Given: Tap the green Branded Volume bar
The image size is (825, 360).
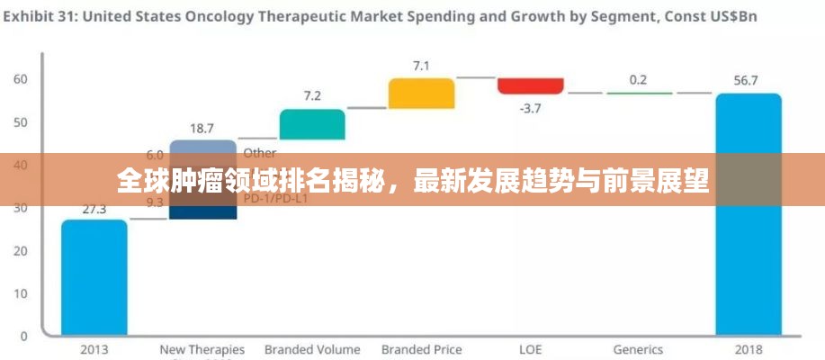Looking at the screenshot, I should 312,124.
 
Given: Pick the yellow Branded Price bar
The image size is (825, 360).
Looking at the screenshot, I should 421,94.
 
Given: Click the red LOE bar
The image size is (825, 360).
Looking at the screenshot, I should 531,85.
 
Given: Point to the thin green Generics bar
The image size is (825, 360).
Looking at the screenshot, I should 639,93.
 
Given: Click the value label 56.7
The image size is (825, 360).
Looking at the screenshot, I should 746,80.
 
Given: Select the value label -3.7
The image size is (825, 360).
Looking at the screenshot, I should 530,109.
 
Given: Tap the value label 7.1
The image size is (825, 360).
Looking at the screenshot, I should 421,65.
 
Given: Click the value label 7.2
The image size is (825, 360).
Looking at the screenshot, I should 312,95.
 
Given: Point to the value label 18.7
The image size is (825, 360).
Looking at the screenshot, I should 202,128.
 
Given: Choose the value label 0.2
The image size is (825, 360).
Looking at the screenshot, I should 638,79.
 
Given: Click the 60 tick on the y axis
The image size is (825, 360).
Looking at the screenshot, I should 20,79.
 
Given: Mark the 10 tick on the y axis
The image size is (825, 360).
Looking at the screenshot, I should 20,293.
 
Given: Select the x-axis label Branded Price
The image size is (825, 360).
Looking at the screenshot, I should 421,349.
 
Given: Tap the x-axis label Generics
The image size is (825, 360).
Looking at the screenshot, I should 638,349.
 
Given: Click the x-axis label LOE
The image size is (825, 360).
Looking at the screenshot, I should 530,349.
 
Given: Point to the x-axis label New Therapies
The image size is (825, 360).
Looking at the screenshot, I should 202,349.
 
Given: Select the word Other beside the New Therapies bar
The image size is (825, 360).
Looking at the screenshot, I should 260,153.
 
